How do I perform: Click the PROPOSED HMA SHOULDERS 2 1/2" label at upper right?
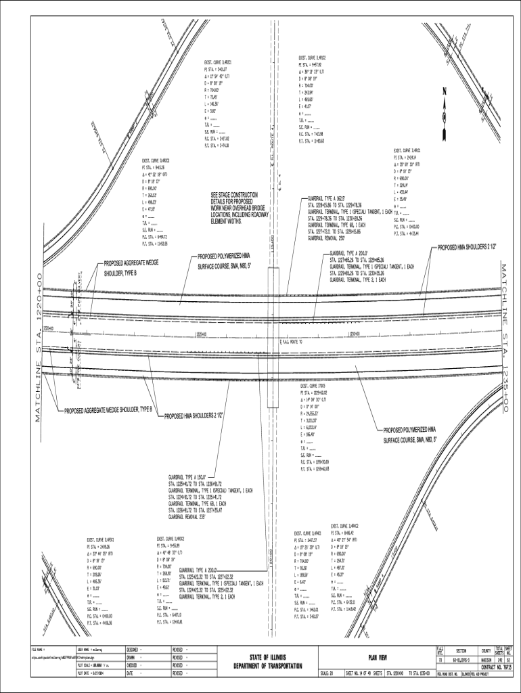pos(468,248)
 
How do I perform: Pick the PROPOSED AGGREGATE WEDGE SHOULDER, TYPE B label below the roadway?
pos(109,409)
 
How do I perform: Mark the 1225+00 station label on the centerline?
pos(201,334)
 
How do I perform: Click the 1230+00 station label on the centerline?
pos(353,334)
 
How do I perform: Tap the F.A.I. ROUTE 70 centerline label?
pos(298,342)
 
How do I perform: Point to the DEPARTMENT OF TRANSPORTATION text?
pos(268,667)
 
